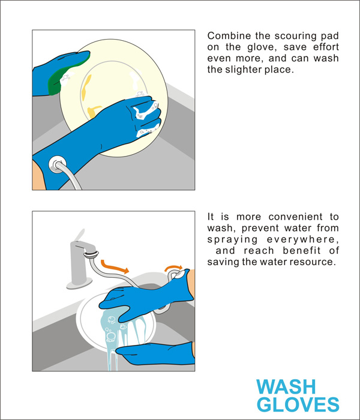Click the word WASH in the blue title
283,386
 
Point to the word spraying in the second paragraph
229,239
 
